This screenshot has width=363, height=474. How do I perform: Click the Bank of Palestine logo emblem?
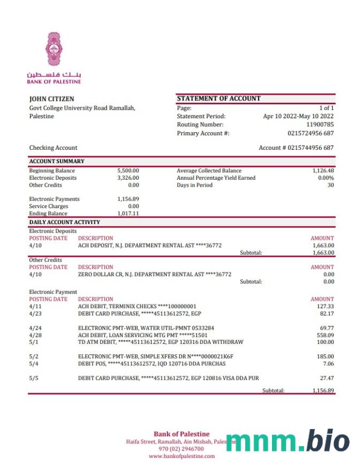[54, 49]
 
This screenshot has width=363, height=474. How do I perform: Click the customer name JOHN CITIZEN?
[51, 99]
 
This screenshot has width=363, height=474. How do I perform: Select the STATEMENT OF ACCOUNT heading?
[218, 98]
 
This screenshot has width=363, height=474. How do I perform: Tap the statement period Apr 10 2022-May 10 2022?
[298, 116]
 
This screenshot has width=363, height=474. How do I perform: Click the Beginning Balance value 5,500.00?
[128, 171]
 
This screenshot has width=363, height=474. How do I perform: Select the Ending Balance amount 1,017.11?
[128, 213]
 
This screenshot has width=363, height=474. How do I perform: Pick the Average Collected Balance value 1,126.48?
[323, 171]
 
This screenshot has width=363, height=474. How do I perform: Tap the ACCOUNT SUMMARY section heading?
[57, 161]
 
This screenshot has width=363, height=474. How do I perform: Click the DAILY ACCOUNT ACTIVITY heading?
[64, 222]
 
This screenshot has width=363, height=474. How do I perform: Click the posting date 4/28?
[34, 335]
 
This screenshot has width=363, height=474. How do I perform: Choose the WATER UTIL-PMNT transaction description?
[146, 327]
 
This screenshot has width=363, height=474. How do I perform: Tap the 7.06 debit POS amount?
[328, 364]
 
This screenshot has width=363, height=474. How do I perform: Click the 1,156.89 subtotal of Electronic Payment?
[323, 391]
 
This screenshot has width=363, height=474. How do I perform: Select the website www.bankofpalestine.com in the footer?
[182, 456]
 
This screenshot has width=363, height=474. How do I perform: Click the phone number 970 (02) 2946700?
[182, 449]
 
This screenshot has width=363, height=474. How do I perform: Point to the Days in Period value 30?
[330, 185]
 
